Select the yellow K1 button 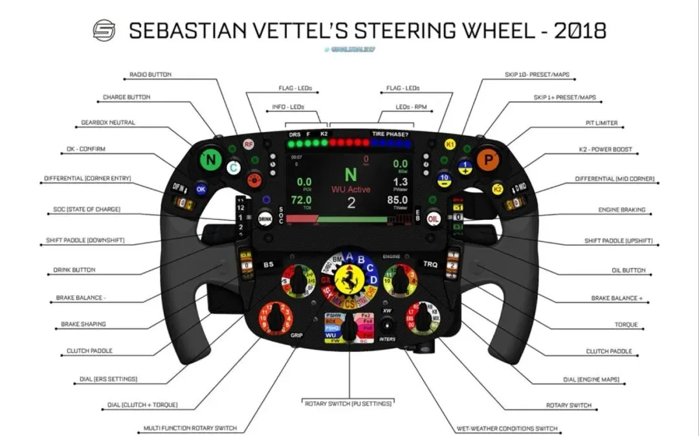pyautogui.click(x=450, y=145)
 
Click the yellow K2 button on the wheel pyautogui.click(x=497, y=189)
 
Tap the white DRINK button pyautogui.click(x=265, y=218)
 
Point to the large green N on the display pyautogui.click(x=350, y=175)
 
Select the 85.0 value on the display pyautogui.click(x=397, y=201)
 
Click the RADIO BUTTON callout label pyautogui.click(x=151, y=74)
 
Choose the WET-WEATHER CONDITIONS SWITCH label pyautogui.click(x=507, y=429)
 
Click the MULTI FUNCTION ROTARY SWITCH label pyautogui.click(x=190, y=428)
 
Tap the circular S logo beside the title pyautogui.click(x=104, y=30)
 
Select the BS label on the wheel pyautogui.click(x=269, y=265)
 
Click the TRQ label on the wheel pyautogui.click(x=430, y=265)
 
